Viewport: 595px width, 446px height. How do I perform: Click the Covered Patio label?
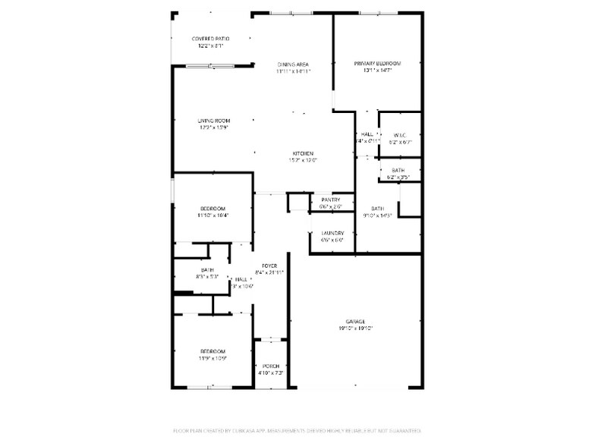tap(210, 38)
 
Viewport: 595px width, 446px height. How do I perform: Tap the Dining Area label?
tap(293, 64)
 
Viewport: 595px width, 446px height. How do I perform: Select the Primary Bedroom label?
tap(377, 63)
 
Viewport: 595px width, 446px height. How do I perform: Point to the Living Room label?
tap(213, 120)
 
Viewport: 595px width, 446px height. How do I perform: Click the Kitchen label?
tap(304, 153)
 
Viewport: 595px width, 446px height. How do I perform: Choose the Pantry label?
tap(330, 199)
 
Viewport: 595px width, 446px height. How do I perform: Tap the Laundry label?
tap(332, 233)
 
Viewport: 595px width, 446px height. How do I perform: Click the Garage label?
tap(356, 321)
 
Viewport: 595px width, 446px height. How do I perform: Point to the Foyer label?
tap(269, 264)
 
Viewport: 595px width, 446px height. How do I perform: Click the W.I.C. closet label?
tap(400, 135)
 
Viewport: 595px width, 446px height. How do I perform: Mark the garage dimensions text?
tap(356, 328)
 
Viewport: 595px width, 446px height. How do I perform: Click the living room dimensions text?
tap(213, 127)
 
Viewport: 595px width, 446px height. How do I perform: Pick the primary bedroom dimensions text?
tap(377, 71)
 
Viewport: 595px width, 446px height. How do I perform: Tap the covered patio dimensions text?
tap(210, 46)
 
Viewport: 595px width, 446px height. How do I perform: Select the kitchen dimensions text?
tap(304, 160)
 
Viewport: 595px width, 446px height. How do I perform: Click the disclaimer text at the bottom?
tap(297, 430)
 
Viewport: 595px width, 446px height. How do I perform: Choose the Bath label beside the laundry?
tap(377, 208)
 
